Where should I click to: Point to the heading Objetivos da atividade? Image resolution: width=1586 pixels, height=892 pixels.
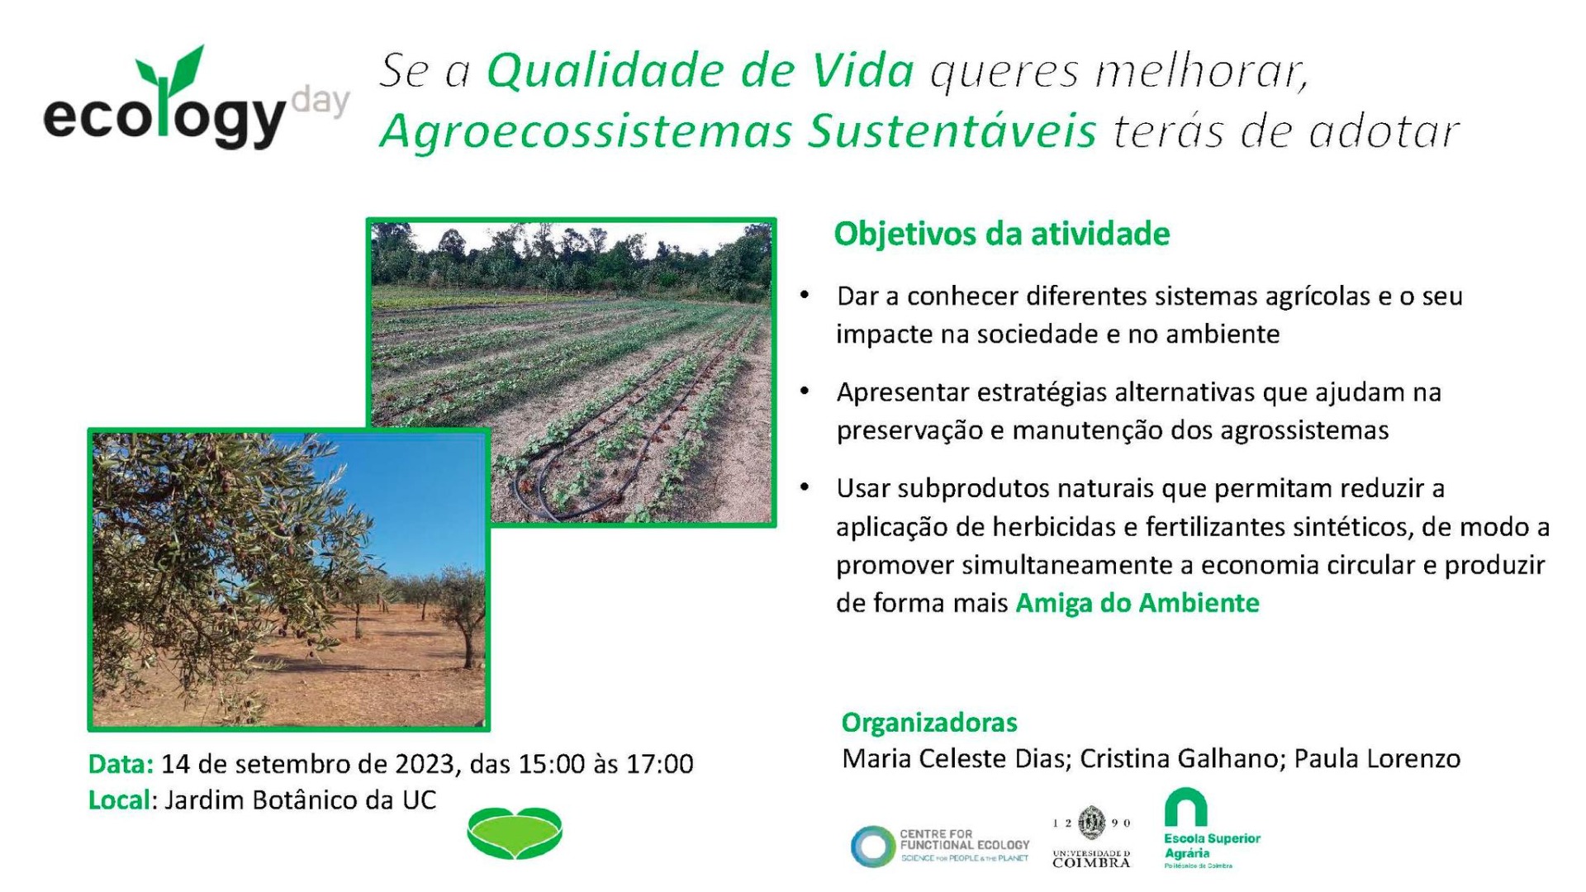1001,234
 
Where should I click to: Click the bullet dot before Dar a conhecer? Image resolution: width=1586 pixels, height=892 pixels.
805,295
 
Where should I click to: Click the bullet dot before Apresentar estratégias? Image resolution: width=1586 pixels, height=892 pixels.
805,391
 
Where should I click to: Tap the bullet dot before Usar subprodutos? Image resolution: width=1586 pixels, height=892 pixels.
805,487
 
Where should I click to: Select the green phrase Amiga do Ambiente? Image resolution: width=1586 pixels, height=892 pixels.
1137,603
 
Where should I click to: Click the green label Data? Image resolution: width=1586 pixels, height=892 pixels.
121,764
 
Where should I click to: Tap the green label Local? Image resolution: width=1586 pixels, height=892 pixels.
119,800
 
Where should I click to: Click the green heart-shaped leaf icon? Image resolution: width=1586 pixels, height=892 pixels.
515,833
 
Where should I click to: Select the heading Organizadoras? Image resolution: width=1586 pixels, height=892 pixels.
929,723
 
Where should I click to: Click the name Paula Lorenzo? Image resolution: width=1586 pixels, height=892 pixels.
1377,759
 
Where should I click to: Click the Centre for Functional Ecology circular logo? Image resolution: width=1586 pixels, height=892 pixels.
873,847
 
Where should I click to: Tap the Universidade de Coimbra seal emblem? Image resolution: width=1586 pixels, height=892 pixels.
1092,822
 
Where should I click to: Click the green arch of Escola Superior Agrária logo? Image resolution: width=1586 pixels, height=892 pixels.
1185,806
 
